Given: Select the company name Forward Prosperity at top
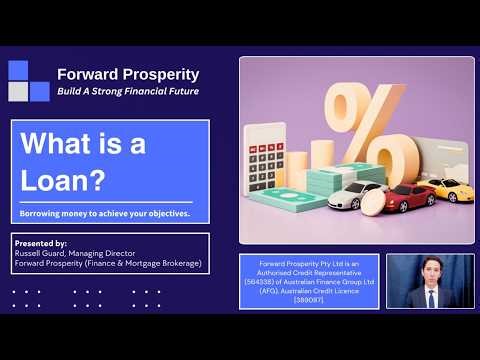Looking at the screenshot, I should click(128, 74).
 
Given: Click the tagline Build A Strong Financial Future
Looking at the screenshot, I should click(128, 91).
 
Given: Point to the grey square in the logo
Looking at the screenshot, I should click(18, 91).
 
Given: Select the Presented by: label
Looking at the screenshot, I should click(41, 243).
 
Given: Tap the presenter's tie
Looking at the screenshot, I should click(430, 297).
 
